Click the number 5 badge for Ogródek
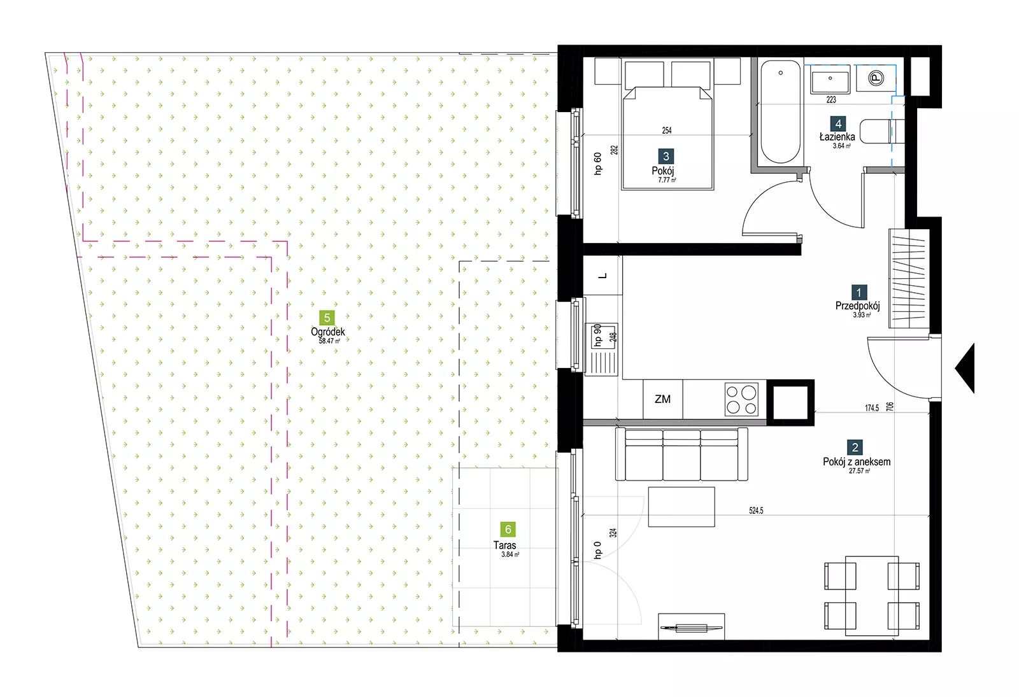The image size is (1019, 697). [x=327, y=318]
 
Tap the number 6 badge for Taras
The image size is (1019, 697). [x=508, y=529]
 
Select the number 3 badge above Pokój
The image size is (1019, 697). [x=666, y=157]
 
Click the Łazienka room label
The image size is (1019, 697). [x=837, y=137]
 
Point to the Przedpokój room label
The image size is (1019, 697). [x=857, y=306]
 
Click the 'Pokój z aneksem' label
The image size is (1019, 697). [x=857, y=462]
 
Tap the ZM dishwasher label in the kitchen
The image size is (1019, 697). [x=662, y=399]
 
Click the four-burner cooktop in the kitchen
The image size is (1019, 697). [x=741, y=399]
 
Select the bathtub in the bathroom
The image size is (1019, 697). [x=780, y=112]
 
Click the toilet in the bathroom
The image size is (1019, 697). [x=882, y=131]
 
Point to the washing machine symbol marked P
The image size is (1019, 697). [x=876, y=78]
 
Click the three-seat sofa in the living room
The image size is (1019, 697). [x=681, y=454]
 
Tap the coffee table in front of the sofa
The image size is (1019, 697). [x=681, y=507]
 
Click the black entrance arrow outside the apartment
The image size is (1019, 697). [x=964, y=369]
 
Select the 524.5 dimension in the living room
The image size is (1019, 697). [x=756, y=510]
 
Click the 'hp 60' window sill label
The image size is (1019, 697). [x=598, y=164]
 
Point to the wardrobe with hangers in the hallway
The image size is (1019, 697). [x=909, y=279]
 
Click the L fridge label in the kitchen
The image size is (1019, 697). [x=602, y=276]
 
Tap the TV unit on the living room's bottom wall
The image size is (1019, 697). [x=692, y=626]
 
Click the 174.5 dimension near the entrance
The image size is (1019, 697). [x=872, y=408]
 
